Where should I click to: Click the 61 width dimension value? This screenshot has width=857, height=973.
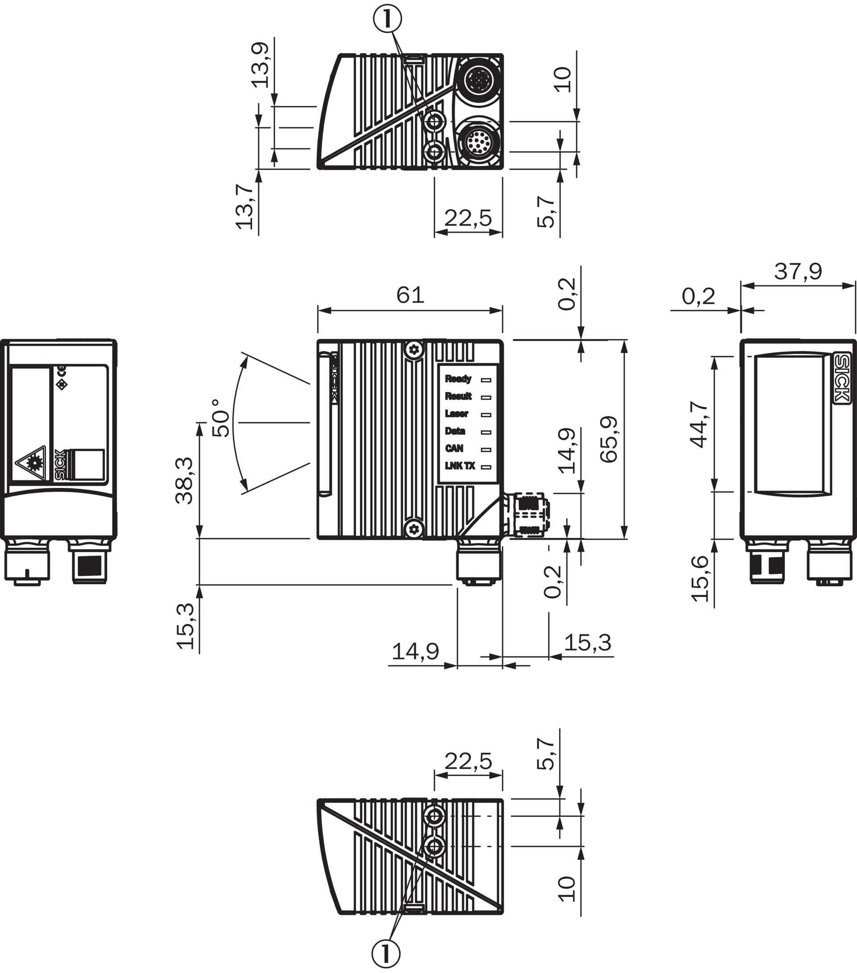(x=410, y=295)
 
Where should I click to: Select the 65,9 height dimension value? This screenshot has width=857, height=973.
(x=608, y=439)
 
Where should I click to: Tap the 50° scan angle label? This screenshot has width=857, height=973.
(x=221, y=418)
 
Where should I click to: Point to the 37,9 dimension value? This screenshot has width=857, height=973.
(x=798, y=271)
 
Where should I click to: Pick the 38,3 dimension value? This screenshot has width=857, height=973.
(x=184, y=480)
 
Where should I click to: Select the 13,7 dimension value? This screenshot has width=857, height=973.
(x=244, y=207)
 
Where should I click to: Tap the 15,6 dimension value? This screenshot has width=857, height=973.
(x=700, y=578)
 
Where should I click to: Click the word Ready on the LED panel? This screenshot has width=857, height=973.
(x=458, y=379)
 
